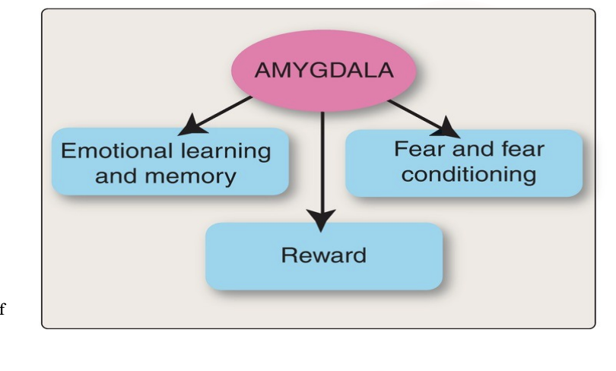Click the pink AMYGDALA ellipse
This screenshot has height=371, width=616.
(324, 72)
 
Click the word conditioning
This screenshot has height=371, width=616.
(468, 174)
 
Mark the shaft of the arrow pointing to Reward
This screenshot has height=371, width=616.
(324, 160)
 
